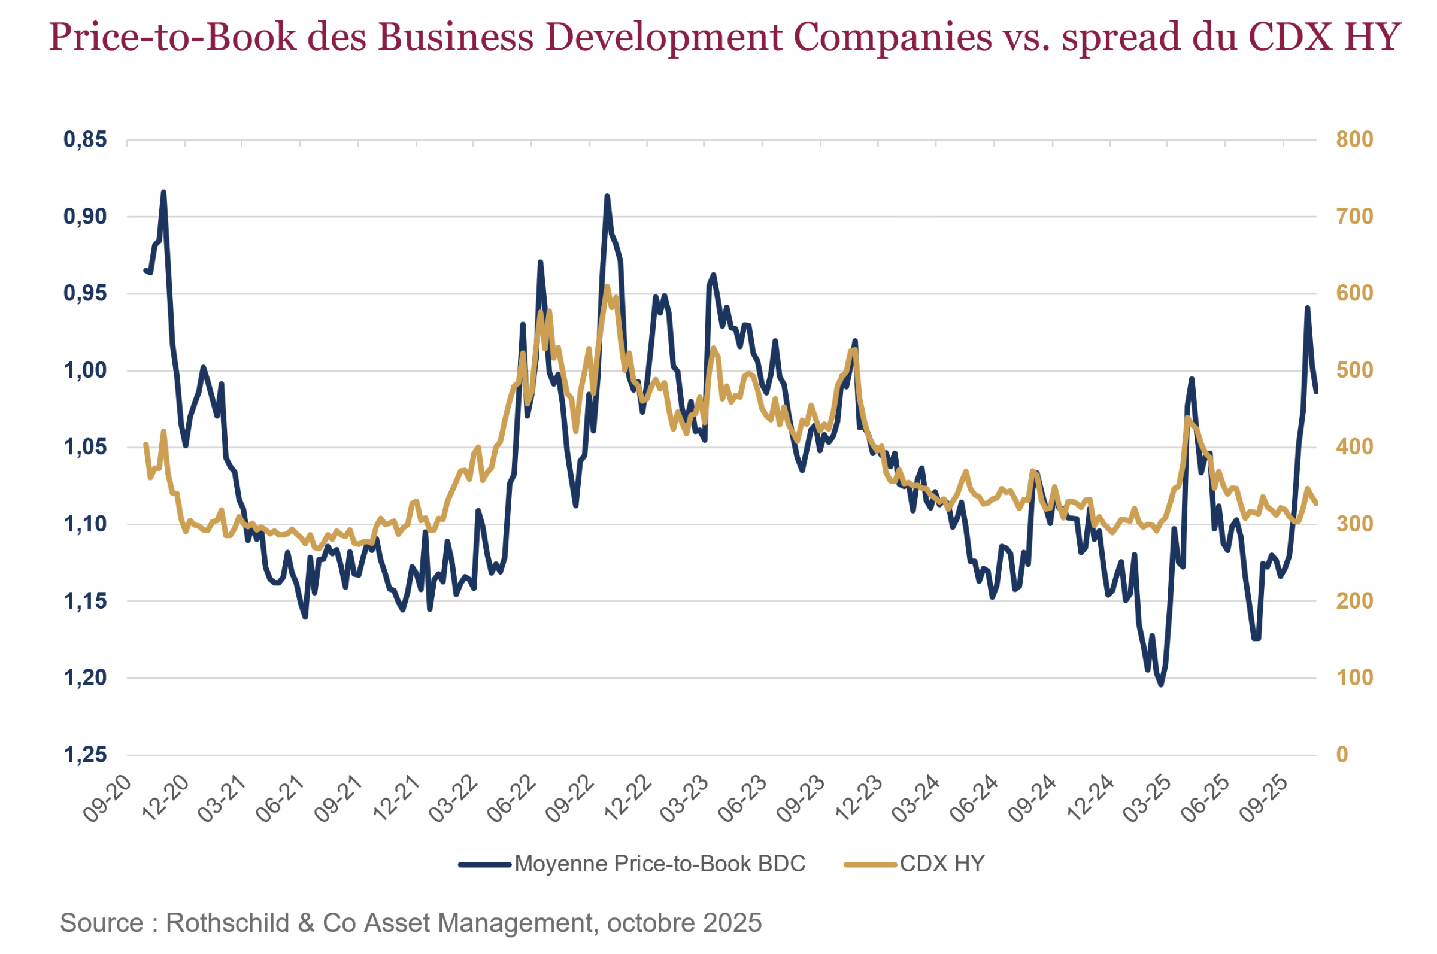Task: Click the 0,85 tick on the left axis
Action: pos(84,139)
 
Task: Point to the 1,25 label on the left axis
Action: pos(84,755)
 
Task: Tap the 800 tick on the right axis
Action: pos(1354,139)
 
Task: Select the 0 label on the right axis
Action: pos(1341,755)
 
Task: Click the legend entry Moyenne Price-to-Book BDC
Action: pos(659,864)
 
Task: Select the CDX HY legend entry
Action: pos(942,864)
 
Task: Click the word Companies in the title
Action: pos(892,37)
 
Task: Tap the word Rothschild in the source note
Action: pos(227,923)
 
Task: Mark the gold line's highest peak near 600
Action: pos(607,286)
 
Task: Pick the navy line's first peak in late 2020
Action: pos(163,192)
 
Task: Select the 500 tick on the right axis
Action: pos(1354,370)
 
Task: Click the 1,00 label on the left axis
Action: pos(84,370)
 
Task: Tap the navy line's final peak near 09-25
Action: pos(1306,308)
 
